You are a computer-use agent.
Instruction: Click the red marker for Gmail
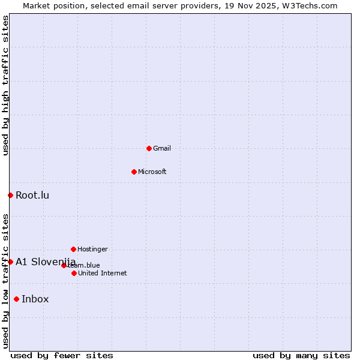coord(149,148)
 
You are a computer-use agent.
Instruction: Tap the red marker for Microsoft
coord(134,172)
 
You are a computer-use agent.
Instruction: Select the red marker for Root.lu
coord(10,195)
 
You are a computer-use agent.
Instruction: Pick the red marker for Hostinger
coord(73,249)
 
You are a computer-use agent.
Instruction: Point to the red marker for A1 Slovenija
coord(10,262)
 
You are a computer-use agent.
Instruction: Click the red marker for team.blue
coord(64,265)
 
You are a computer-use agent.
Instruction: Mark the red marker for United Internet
coord(74,273)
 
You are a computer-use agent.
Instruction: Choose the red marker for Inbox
coord(16,299)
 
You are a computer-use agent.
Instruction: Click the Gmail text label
coord(162,148)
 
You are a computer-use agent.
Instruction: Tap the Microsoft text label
coord(152,172)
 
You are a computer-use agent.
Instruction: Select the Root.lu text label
coord(32,195)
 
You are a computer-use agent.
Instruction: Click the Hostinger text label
coord(92,249)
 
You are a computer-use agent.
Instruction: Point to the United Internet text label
coord(103,273)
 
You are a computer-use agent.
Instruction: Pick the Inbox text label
coord(35,299)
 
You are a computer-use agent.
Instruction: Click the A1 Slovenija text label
coord(46,262)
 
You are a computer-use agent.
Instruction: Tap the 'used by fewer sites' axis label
coord(62,355)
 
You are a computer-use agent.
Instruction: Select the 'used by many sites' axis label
coord(301,355)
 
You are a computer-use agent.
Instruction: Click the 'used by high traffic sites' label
coord(5,85)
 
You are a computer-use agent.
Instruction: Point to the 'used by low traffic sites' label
coord(5,281)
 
